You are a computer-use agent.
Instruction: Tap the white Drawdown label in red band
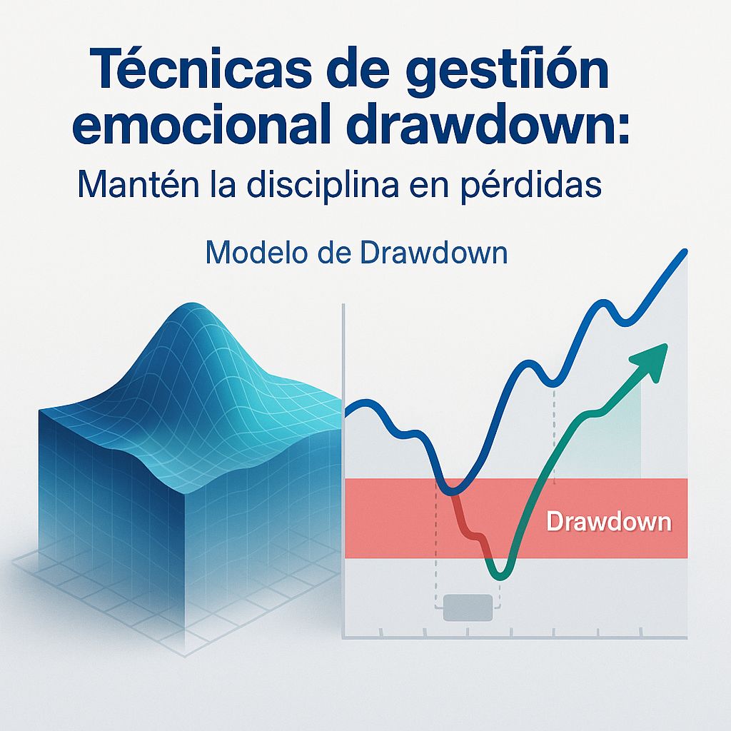tap(608, 522)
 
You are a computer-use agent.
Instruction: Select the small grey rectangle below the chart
tap(468, 608)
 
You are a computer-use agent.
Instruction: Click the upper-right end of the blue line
tap(685, 251)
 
